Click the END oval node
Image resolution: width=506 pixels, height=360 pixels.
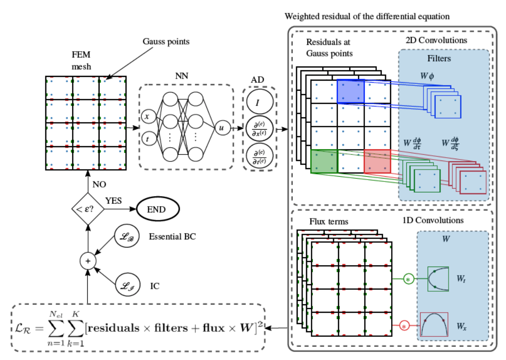point(158,209)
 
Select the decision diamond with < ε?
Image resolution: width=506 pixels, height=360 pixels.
point(88,209)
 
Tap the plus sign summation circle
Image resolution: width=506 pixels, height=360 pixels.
point(88,261)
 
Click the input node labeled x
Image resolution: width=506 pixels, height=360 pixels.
point(147,117)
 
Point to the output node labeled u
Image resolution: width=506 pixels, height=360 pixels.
point(222,128)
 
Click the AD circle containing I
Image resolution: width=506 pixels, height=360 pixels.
point(259,102)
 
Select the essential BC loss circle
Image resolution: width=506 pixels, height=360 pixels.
point(127,236)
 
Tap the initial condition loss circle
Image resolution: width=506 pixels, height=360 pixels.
point(128,286)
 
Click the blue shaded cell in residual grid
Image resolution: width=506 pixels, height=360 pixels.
point(350,91)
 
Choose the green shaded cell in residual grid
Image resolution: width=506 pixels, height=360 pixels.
point(324,161)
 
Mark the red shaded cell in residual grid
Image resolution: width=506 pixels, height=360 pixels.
point(377,161)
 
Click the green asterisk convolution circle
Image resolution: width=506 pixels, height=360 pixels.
point(408,279)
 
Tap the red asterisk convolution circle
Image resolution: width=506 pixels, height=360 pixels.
point(404,326)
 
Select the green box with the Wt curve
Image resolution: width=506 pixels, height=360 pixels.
point(438,279)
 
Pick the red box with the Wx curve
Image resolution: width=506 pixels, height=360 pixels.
point(434,325)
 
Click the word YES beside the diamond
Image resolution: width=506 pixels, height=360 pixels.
point(113,201)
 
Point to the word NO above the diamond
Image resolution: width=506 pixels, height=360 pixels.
point(99,184)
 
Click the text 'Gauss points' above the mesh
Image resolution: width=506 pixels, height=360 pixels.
point(166,41)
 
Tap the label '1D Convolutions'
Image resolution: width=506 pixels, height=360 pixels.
point(433,220)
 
